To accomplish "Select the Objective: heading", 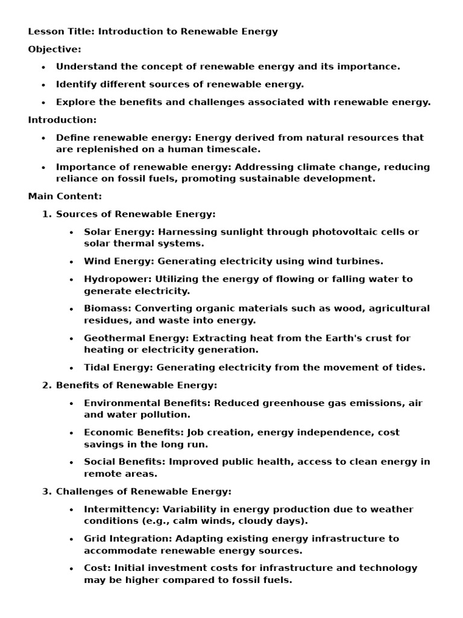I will coord(54,49).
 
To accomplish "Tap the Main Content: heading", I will coord(65,196).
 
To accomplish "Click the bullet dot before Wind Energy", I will coord(72,262).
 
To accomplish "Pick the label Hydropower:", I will coord(118,279).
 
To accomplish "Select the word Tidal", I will coord(96,367).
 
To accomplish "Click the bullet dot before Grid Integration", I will coord(72,539).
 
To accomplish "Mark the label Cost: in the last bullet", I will coord(96,568).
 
